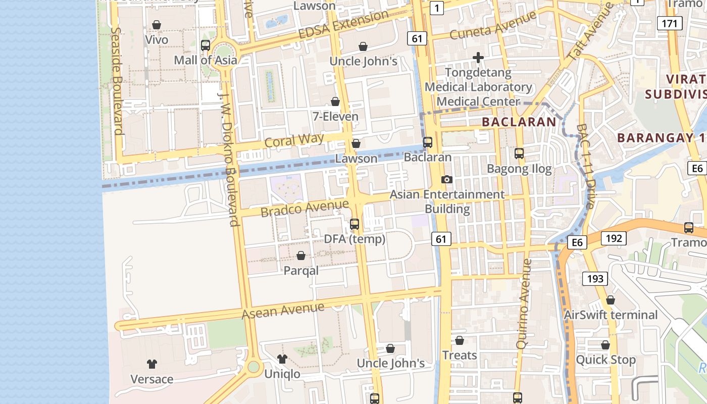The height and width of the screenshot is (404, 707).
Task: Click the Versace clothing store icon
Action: coord(151,364)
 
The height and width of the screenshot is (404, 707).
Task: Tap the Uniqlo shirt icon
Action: coord(282,359)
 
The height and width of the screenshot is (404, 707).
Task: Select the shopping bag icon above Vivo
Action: coord(157,25)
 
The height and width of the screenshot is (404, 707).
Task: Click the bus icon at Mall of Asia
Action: coord(206,45)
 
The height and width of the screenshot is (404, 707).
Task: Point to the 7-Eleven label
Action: coord(335,117)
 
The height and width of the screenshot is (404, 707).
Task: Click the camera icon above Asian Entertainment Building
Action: coord(446,179)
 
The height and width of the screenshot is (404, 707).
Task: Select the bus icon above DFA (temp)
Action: coord(355,224)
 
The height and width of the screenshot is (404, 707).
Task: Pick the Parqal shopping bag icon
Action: coord(301,256)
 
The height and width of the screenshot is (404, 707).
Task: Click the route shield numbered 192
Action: coord(614,238)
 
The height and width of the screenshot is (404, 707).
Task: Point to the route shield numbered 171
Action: coord(669,23)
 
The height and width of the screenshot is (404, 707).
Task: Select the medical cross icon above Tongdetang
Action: coord(478,58)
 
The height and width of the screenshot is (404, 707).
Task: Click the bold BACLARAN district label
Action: coord(519,122)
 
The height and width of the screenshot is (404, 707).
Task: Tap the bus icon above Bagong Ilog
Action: coord(519,154)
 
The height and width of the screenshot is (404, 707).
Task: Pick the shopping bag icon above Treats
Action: coord(460,340)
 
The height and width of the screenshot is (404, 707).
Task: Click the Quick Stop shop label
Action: coord(606,360)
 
